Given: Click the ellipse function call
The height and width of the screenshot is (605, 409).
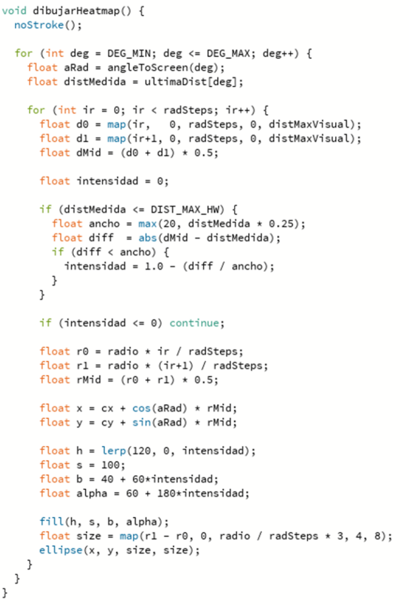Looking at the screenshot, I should point(61,550).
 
